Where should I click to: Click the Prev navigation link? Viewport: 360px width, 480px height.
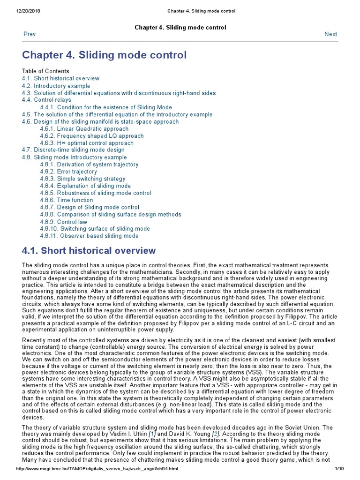[29, 34]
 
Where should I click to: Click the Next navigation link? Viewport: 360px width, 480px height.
[330, 34]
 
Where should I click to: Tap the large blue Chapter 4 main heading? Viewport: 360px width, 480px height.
[104, 55]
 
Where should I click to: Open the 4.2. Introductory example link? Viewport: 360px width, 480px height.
[56, 86]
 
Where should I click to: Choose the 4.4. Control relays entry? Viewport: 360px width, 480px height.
[46, 100]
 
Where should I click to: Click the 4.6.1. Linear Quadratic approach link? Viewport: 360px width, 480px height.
[84, 129]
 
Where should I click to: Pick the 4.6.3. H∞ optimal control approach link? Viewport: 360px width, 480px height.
[86, 143]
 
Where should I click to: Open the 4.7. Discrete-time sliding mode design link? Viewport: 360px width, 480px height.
[73, 150]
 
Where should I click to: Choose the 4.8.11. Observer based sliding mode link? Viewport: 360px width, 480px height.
[89, 236]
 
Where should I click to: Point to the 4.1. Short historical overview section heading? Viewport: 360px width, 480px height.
[89, 251]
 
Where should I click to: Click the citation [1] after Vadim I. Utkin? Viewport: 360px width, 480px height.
[151, 434]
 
